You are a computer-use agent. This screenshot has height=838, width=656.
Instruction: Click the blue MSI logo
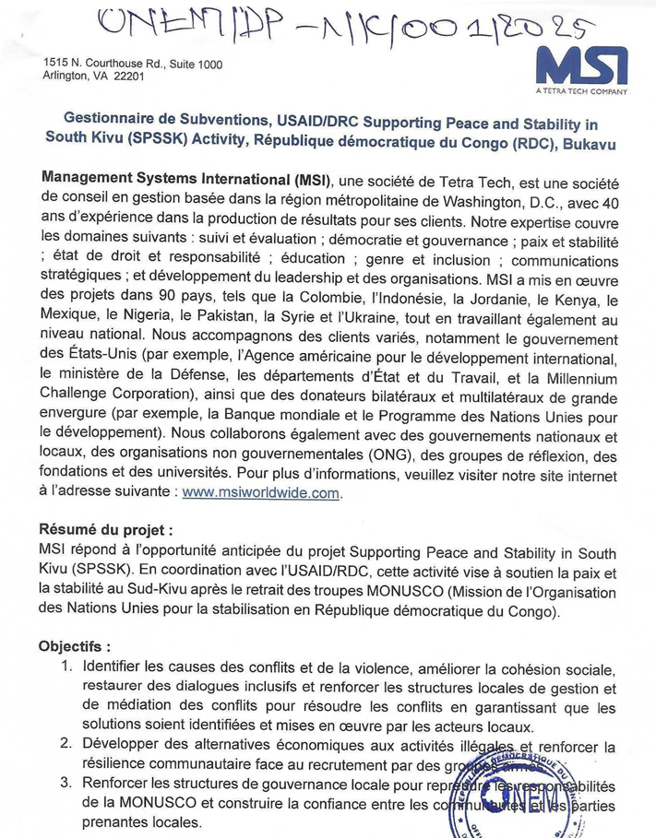581,65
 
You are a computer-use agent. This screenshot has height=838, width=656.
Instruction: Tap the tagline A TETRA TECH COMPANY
581,91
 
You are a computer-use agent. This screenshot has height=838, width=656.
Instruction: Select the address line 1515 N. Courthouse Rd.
133,64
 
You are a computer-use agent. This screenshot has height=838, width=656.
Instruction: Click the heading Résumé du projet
104,531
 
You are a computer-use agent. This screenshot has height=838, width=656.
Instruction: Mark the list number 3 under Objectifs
68,784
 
